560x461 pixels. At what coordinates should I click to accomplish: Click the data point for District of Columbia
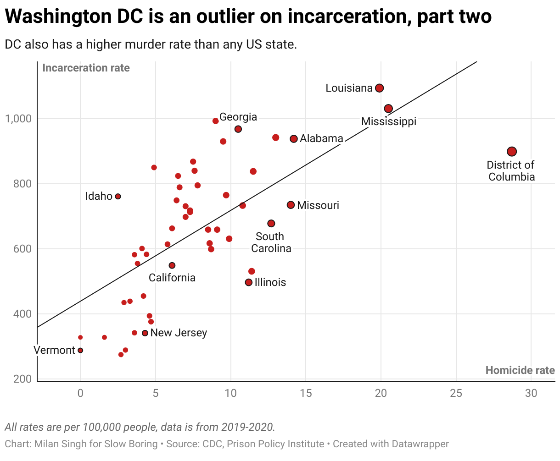click(512, 152)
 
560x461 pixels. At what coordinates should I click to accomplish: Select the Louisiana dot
click(379, 88)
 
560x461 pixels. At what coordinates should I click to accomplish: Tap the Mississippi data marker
click(388, 109)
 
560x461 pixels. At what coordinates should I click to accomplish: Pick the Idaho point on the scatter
click(118, 196)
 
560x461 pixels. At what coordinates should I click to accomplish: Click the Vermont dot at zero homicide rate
click(80, 351)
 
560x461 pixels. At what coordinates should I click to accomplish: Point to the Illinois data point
click(249, 282)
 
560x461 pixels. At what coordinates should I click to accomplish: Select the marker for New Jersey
click(145, 333)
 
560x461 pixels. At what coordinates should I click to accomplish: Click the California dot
click(172, 265)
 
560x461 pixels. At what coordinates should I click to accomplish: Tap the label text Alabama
click(321, 138)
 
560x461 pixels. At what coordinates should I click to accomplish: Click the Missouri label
click(318, 205)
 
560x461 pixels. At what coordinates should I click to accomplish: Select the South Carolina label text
click(271, 242)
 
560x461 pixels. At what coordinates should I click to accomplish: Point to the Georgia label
click(238, 117)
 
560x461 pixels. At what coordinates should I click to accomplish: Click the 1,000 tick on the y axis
click(18, 119)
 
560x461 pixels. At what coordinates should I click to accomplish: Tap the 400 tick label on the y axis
click(22, 314)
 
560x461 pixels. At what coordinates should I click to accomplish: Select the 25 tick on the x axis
click(456, 393)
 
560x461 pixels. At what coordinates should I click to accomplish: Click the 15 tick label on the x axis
click(306, 393)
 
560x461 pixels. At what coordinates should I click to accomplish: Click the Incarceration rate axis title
click(86, 68)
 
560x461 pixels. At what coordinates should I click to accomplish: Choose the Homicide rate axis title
click(520, 370)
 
